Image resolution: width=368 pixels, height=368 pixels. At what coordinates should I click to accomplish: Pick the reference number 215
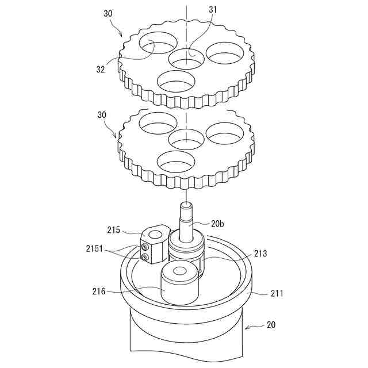point(114,230)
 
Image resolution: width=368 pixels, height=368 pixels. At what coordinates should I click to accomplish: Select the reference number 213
point(260,254)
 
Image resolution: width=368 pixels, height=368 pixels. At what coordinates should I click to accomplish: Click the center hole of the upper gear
point(186,57)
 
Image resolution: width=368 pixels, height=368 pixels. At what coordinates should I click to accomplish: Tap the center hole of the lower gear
point(186,139)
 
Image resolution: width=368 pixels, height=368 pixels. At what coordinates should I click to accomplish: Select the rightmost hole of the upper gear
point(225,53)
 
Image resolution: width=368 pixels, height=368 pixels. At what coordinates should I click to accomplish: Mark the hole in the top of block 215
point(156,233)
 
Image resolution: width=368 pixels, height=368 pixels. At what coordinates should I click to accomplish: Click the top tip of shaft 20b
point(187,204)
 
